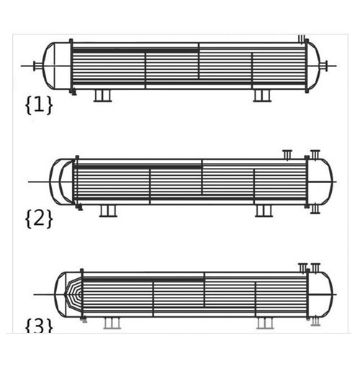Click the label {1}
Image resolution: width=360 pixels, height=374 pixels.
tap(39, 104)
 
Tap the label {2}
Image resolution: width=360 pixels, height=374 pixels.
tap(39, 218)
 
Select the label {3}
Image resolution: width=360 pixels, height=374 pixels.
tap(39, 326)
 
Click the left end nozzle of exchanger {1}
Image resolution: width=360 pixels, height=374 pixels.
tap(37, 66)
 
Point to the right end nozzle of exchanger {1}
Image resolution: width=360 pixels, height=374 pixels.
tap(323, 66)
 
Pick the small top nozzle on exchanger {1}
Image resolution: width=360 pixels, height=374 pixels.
tap(302, 39)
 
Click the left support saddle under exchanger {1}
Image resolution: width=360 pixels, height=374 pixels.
tap(102, 96)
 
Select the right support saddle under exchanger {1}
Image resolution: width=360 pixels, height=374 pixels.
tap(262, 96)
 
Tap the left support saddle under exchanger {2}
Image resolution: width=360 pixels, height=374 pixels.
tap(108, 211)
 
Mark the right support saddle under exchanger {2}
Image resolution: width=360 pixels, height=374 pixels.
tap(264, 211)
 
